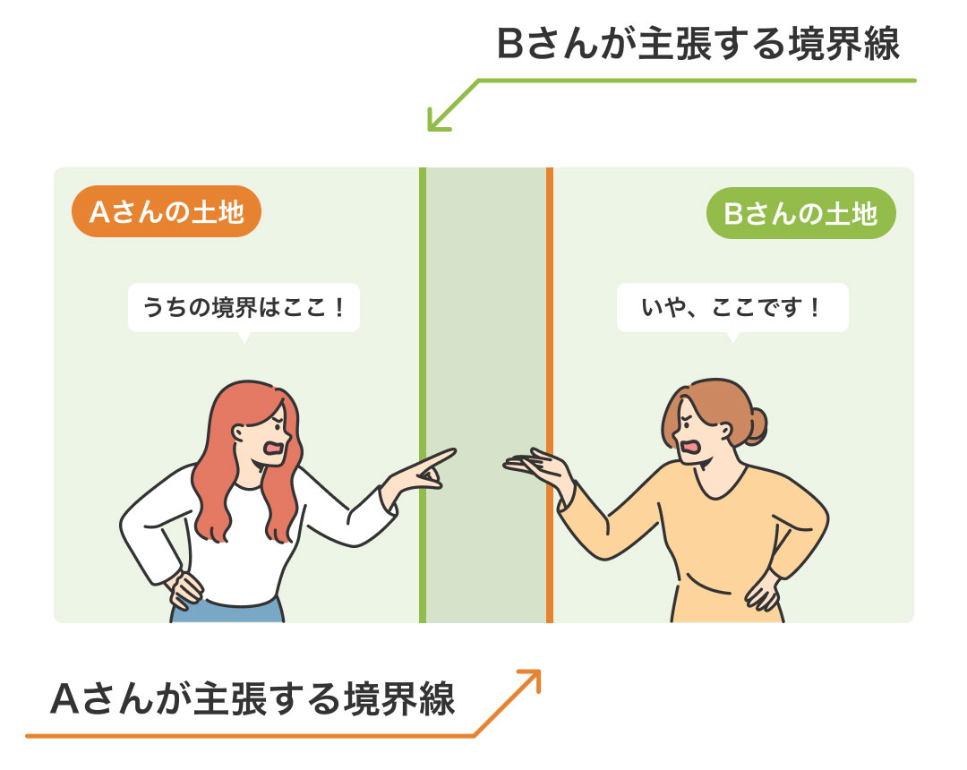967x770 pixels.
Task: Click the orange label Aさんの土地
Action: tap(167, 211)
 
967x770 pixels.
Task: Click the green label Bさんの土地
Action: tap(800, 213)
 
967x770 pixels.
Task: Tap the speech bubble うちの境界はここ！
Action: tap(244, 308)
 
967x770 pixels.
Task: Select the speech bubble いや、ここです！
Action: tap(732, 308)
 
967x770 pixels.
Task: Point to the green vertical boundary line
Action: tap(423, 395)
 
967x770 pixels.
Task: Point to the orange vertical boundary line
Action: tap(550, 395)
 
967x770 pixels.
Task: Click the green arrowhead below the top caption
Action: tap(437, 121)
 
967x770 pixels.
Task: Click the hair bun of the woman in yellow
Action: tap(755, 425)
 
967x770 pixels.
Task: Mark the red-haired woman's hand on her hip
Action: tap(184, 590)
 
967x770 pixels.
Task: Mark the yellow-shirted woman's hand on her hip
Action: tap(762, 590)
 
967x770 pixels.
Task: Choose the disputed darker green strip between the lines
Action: tap(486, 395)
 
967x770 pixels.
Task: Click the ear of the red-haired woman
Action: tap(238, 432)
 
